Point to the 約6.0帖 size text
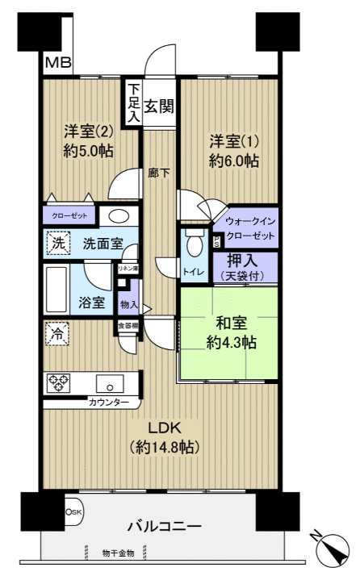[x=233, y=161]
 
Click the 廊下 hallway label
[x=158, y=172]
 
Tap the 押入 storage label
[x=244, y=261]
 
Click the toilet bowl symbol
[x=194, y=245]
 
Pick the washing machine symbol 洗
[x=59, y=243]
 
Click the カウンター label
[x=108, y=402]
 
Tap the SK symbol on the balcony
[x=73, y=511]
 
